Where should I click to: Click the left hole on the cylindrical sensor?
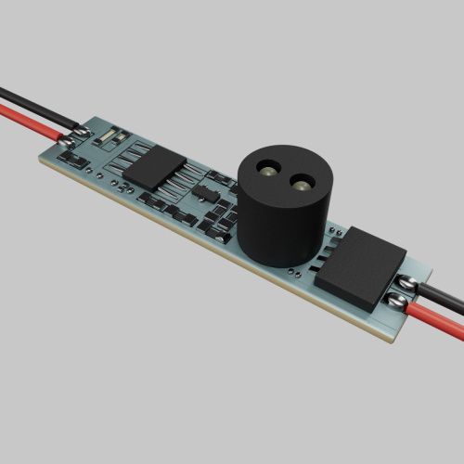[x=266, y=173]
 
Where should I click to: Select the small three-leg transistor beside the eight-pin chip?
[x=203, y=194]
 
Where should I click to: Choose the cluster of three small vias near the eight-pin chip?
[x=121, y=185]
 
